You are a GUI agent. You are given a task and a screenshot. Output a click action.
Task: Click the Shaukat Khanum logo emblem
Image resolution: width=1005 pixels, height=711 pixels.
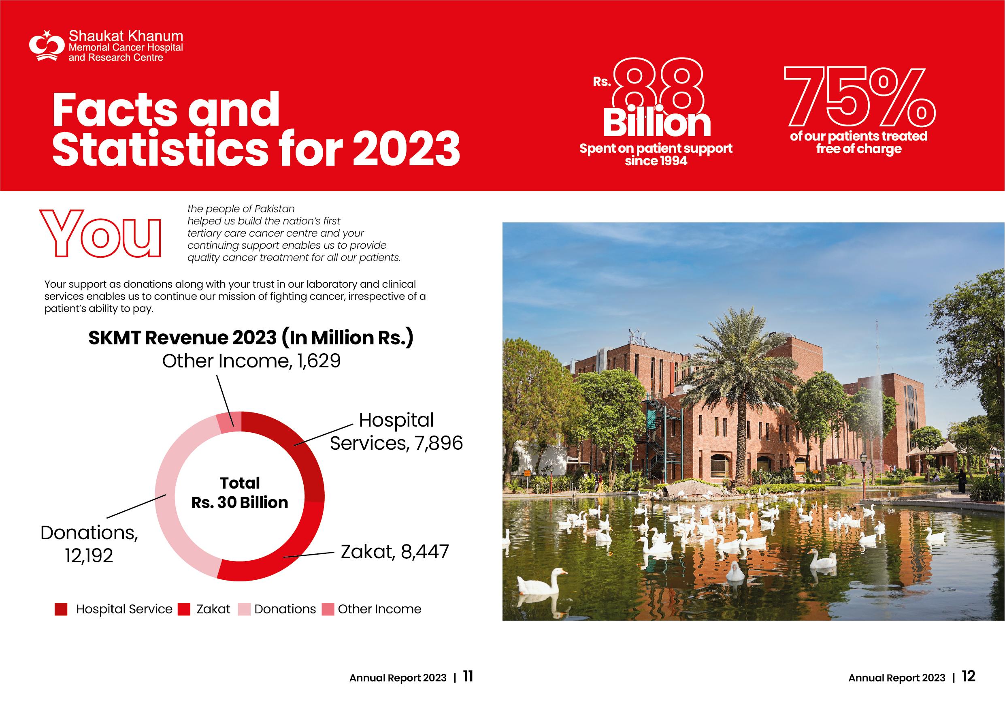[x=47, y=46]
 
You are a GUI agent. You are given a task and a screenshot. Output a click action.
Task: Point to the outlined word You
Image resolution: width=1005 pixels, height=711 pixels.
[x=101, y=234]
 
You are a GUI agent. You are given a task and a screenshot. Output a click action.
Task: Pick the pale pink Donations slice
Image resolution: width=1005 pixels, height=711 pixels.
[x=171, y=504]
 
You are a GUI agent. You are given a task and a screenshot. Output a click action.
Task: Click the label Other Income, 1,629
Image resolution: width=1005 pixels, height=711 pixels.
[x=251, y=361]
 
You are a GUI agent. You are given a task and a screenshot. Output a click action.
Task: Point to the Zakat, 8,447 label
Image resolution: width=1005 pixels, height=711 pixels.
[x=395, y=552]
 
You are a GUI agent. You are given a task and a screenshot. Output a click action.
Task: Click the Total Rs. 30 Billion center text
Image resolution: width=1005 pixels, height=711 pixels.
[x=240, y=493]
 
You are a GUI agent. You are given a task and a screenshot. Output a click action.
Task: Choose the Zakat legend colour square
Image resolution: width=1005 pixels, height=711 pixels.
[x=184, y=609]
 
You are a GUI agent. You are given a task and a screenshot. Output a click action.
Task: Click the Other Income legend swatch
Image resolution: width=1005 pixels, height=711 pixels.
[x=328, y=609]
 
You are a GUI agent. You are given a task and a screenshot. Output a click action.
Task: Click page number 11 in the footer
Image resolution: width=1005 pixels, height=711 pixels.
[x=468, y=677]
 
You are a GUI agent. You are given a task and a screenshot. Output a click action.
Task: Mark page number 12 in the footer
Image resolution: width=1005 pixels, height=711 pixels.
[x=968, y=677]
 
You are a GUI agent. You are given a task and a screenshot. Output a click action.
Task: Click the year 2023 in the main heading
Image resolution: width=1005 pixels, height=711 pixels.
[x=406, y=149]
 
